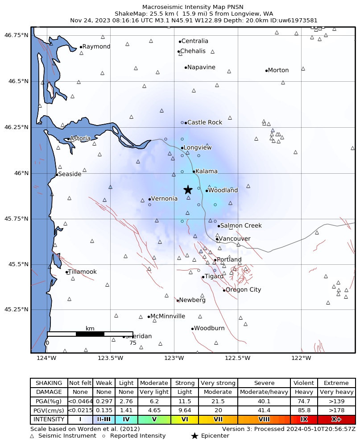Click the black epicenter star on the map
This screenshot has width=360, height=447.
[x=188, y=190]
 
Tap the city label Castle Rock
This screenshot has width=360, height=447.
[x=199, y=122]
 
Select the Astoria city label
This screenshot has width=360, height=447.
[x=80, y=138]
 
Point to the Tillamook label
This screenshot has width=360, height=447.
[x=83, y=272]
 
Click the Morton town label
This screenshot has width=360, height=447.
[x=278, y=70]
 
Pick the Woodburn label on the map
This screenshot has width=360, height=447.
[x=209, y=328]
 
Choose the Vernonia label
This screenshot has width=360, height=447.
[x=164, y=199]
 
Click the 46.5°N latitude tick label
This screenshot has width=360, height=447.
[x=16, y=81]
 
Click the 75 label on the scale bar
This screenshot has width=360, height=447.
[x=132, y=343]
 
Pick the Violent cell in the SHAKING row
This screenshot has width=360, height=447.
[x=304, y=383]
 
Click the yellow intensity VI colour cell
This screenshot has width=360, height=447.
[x=185, y=420]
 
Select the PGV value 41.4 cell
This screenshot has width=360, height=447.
[x=264, y=410]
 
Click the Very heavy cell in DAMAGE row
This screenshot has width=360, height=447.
[x=336, y=392]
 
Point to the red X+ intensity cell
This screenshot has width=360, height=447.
[x=336, y=420]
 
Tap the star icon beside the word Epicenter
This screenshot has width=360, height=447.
[x=194, y=436]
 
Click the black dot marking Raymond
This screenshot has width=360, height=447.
[x=81, y=47]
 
